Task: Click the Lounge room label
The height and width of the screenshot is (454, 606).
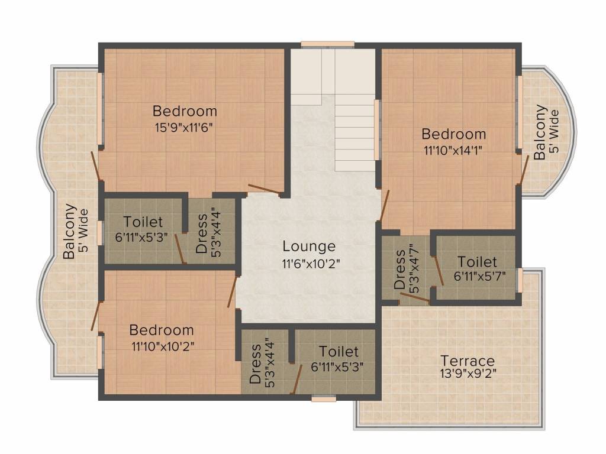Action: (308, 246)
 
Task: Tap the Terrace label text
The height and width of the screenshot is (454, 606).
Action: (468, 361)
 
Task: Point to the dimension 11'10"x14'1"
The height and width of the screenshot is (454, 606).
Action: (453, 149)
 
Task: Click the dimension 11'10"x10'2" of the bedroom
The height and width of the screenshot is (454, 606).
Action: (162, 345)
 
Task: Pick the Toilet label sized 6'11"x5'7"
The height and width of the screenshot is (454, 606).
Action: (477, 261)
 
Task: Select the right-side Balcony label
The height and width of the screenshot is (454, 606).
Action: (540, 132)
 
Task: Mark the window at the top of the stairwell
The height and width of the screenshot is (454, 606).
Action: (327, 44)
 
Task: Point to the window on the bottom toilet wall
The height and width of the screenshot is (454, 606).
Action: (324, 398)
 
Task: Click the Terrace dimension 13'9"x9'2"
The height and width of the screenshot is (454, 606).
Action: (468, 374)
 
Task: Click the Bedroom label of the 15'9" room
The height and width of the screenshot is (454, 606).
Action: (185, 111)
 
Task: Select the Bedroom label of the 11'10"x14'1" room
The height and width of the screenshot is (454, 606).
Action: (453, 134)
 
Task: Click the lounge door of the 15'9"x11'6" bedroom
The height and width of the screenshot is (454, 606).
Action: (264, 189)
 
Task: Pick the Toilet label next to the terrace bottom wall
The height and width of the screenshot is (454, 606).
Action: (339, 352)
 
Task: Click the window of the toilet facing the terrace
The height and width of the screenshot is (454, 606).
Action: (520, 280)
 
